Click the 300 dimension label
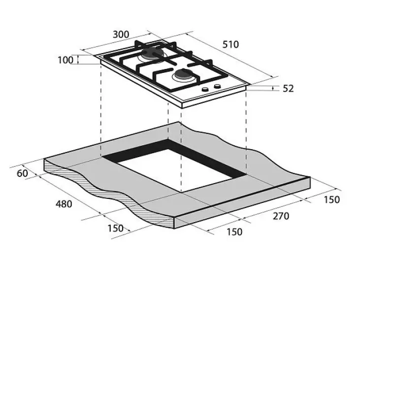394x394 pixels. [121, 34]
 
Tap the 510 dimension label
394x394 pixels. [230, 45]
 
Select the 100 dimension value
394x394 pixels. [66, 60]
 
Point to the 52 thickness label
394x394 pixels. [288, 89]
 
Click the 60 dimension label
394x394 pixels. [22, 173]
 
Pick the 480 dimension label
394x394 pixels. [64, 204]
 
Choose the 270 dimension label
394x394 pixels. [281, 216]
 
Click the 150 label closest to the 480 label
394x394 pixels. [115, 229]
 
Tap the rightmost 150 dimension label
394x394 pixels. [331, 199]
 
